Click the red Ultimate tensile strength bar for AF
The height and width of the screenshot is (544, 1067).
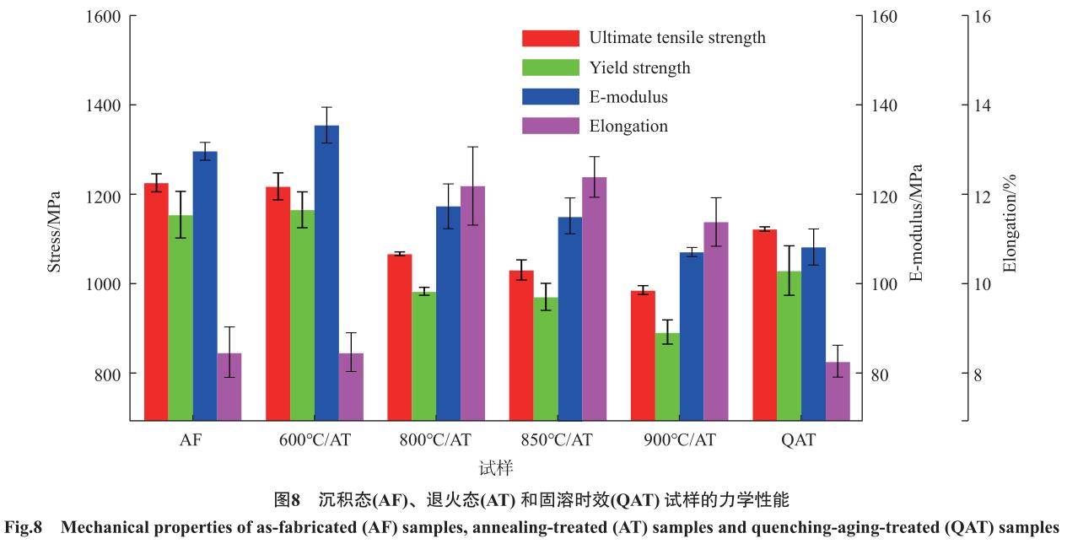click(x=156, y=301)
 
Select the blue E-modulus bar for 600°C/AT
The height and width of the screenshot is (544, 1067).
click(x=326, y=272)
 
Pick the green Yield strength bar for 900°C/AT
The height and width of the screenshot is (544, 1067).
click(x=667, y=376)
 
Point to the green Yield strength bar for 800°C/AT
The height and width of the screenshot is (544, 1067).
click(x=423, y=355)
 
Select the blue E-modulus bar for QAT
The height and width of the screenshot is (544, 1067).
click(x=813, y=333)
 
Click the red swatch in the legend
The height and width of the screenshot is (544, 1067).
click(x=550, y=38)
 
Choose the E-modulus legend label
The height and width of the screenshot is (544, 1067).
click(x=628, y=97)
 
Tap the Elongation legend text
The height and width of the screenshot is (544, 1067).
click(x=628, y=127)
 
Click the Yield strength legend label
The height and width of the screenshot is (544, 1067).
click(x=639, y=67)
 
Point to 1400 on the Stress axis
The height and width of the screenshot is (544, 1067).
click(x=104, y=105)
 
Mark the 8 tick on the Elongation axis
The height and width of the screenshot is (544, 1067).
click(x=978, y=374)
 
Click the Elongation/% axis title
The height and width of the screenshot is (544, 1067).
click(x=1010, y=224)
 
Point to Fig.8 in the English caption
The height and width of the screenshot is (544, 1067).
click(x=23, y=527)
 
